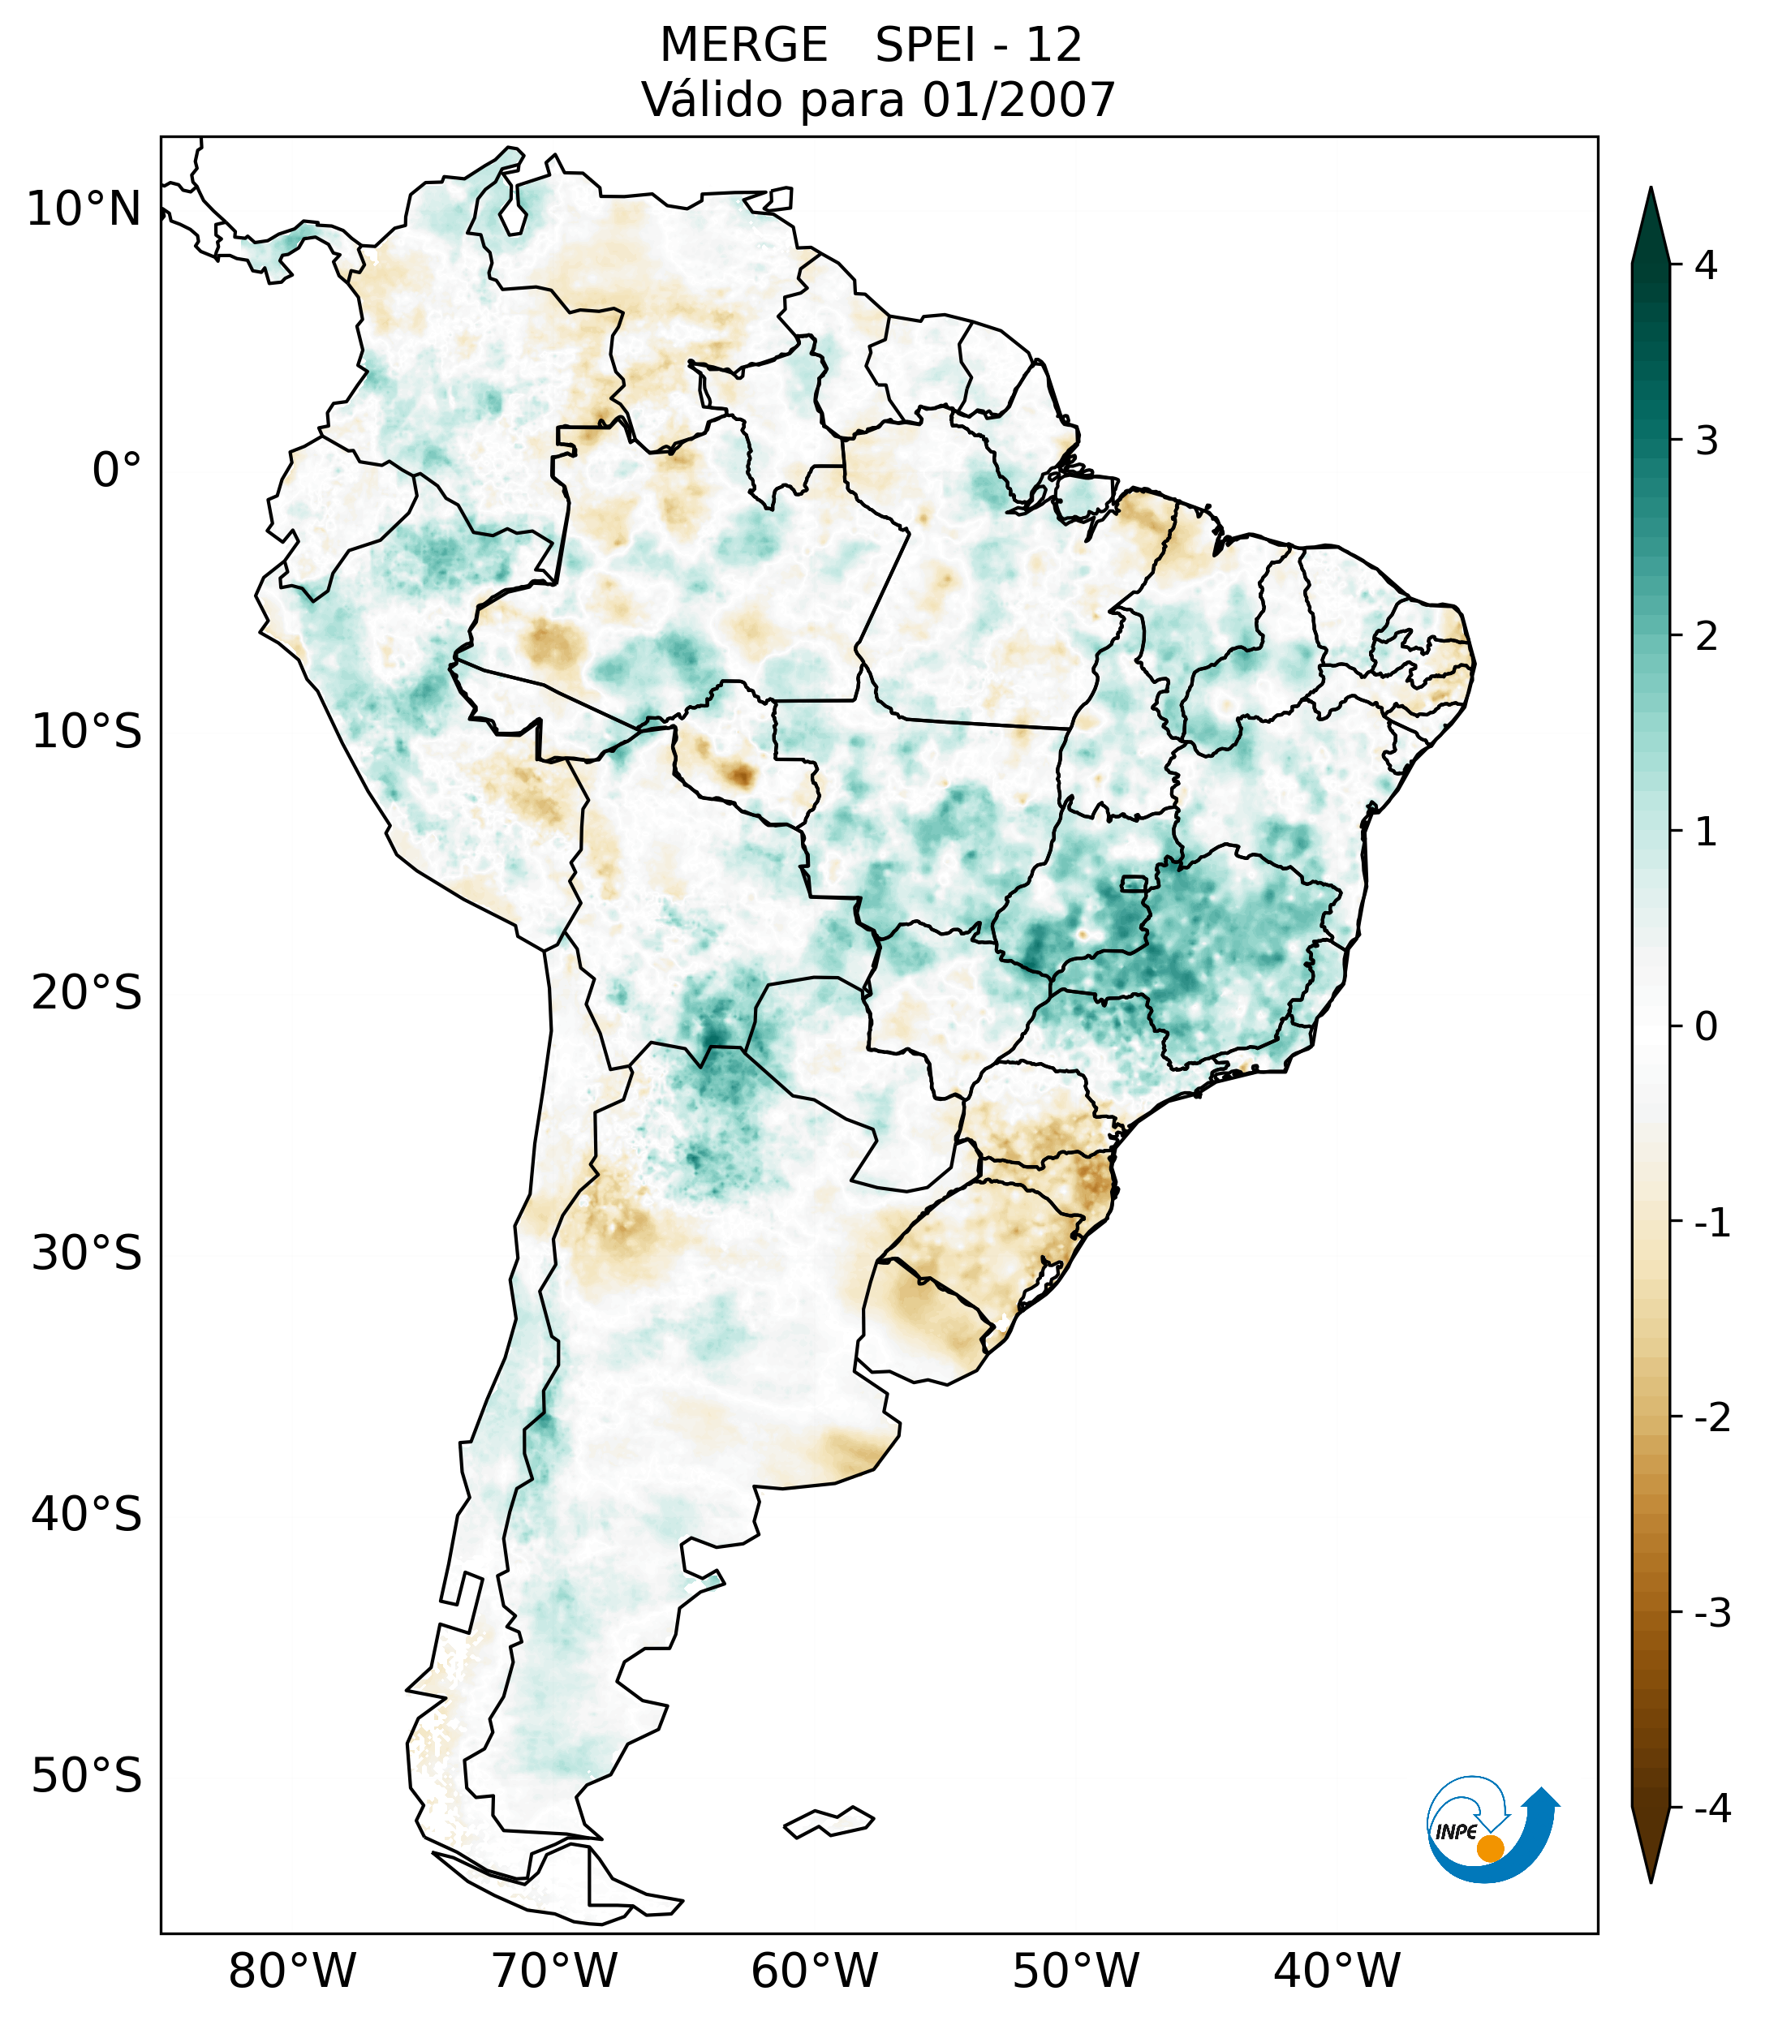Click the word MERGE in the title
(x=743, y=45)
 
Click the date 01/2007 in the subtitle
(x=1018, y=100)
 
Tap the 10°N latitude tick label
(x=84, y=209)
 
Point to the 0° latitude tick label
(x=117, y=471)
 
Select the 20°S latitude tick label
(x=87, y=993)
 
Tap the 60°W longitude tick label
(x=814, y=1971)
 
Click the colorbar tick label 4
(x=1706, y=265)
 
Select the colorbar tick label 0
(x=1706, y=1027)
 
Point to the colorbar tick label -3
(x=1711, y=1613)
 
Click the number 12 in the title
(x=1053, y=45)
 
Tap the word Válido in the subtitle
(x=702, y=100)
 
